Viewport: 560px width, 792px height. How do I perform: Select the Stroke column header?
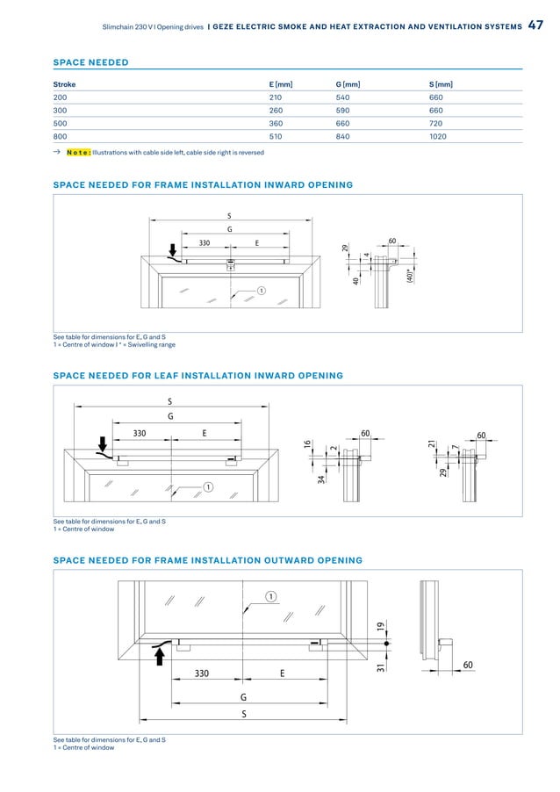(64, 84)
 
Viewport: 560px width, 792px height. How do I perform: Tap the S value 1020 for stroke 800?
(438, 137)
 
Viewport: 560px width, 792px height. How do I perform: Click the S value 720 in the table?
(436, 124)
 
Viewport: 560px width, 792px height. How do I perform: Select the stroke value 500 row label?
(61, 124)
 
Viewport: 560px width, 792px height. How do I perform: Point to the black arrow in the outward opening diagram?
(159, 654)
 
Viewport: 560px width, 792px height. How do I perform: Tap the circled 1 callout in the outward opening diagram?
(271, 596)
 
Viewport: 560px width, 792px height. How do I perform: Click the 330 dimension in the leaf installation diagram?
(140, 433)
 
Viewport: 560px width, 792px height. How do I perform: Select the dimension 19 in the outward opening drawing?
(381, 626)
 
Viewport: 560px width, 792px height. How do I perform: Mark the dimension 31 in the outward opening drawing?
(381, 667)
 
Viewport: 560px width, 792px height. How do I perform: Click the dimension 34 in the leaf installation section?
(322, 478)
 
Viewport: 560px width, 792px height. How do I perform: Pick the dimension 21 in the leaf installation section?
(431, 446)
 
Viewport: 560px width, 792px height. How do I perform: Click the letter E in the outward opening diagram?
(282, 673)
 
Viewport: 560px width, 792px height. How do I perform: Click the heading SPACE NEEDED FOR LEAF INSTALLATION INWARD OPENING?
(197, 376)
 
